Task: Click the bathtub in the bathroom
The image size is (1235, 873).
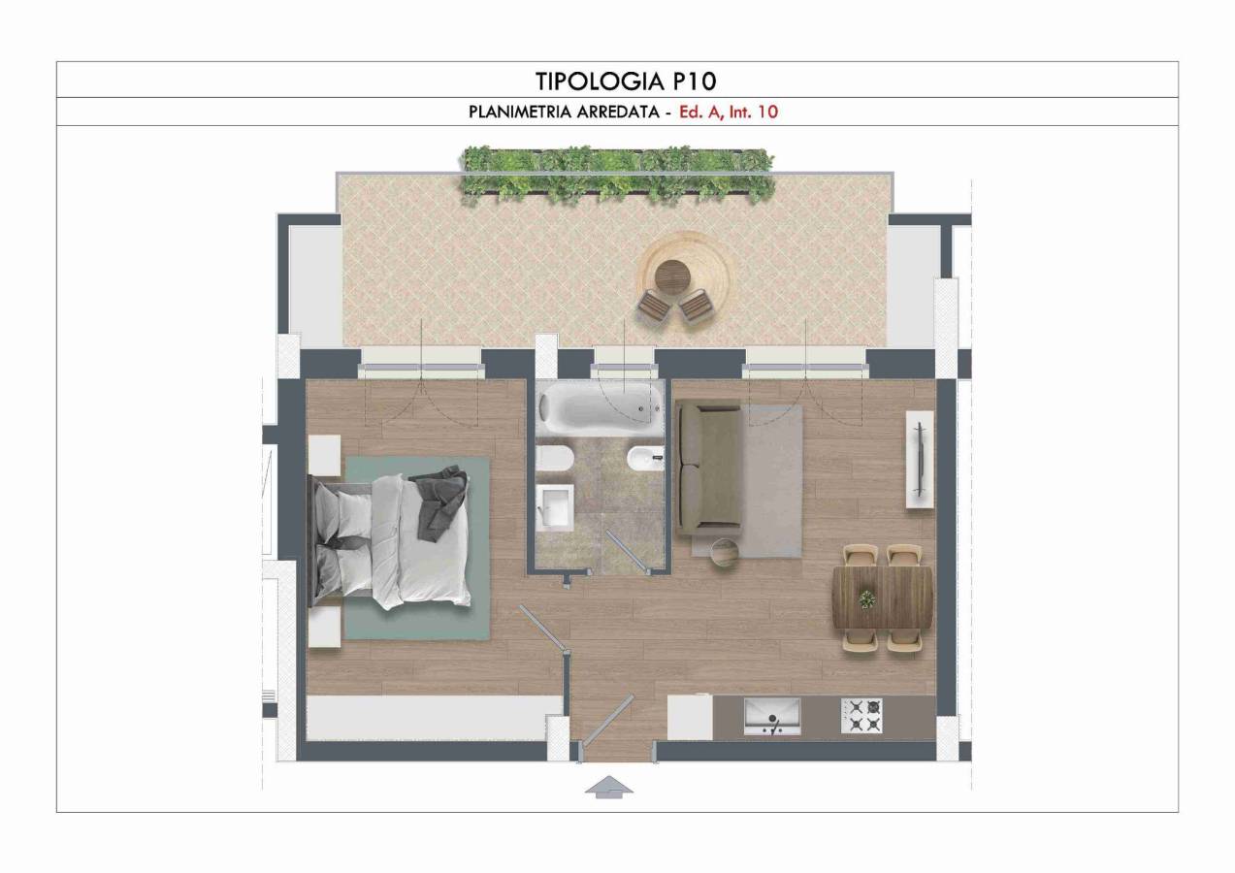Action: point(601,409)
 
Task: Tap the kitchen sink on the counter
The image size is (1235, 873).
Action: point(772,716)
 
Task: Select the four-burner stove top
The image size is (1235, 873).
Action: point(861,716)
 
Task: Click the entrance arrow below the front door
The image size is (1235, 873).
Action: point(608,787)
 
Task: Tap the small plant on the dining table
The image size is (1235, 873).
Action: point(866,598)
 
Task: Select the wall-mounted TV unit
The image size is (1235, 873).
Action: point(920,460)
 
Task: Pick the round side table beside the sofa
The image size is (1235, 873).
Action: point(725,552)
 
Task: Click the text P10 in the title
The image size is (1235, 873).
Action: point(694,81)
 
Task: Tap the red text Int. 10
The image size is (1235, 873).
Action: point(754,112)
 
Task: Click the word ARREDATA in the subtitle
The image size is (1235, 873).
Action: point(618,112)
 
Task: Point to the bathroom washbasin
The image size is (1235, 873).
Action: point(555,507)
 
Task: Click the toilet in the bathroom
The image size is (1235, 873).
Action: point(555,459)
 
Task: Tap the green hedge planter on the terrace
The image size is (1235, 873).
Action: point(618,176)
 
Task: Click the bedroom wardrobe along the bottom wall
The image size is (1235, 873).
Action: point(435,718)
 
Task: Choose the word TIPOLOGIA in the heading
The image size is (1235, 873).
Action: point(600,81)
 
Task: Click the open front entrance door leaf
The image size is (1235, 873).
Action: point(608,721)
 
